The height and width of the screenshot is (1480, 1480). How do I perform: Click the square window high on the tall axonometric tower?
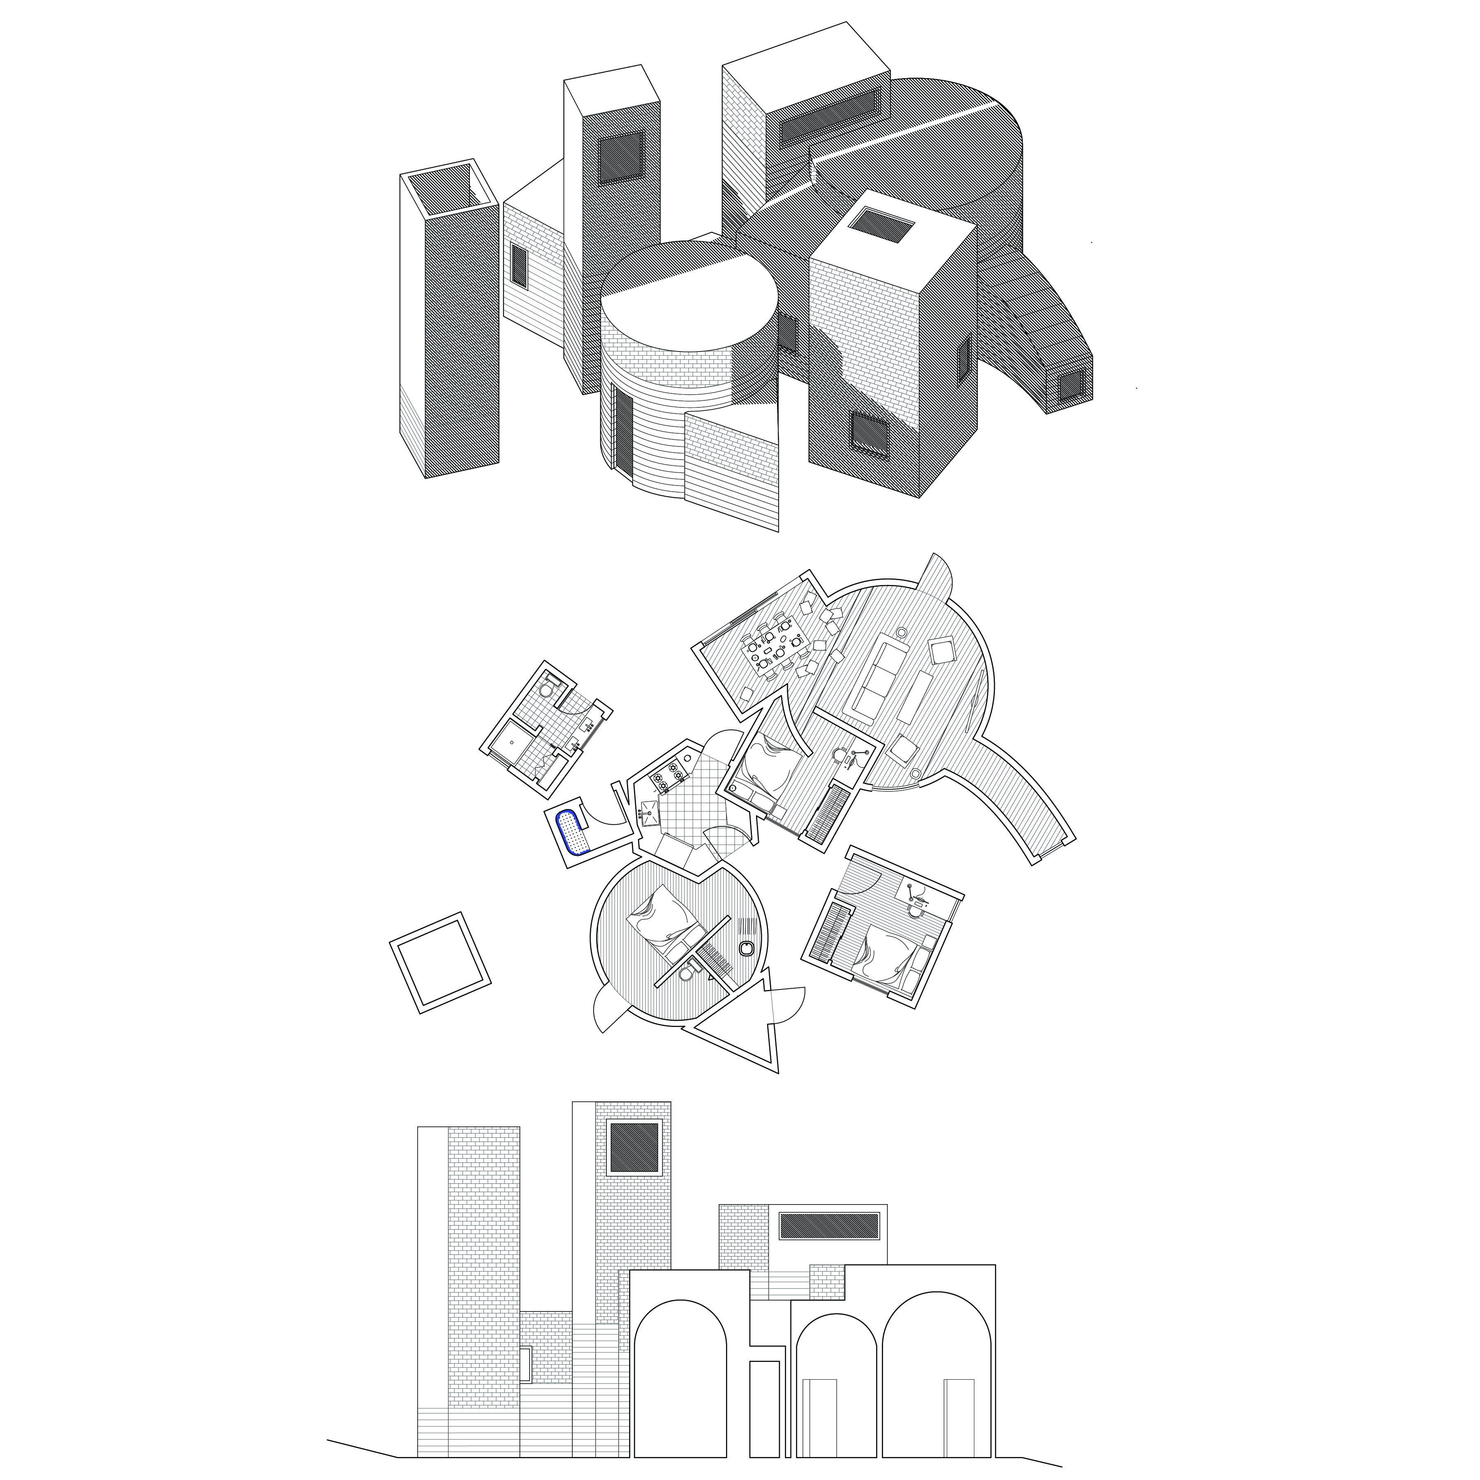tap(621, 159)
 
